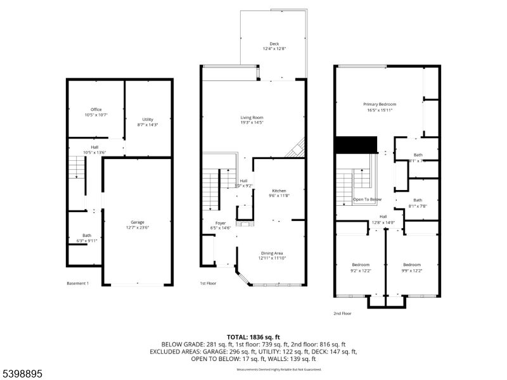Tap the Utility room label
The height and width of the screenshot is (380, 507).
coord(148,120)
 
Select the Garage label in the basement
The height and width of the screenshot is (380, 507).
coord(138,222)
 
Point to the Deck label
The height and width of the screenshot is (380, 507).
coord(274,44)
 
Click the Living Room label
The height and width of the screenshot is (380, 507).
coord(252,118)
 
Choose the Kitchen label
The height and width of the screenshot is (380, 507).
coord(279,191)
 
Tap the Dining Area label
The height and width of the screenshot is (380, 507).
coord(272,253)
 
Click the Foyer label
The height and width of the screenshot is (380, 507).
coord(220,223)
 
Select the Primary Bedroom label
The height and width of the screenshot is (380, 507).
coord(379,104)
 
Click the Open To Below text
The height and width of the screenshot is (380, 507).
coord(368,199)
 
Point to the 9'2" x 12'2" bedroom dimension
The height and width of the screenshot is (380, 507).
coord(360,270)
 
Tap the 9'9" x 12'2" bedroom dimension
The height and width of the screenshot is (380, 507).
coord(412,270)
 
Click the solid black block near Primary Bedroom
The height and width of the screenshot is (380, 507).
coord(356,144)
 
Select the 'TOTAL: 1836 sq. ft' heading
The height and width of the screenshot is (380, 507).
coord(253,337)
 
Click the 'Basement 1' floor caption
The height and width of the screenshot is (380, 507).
coord(78,283)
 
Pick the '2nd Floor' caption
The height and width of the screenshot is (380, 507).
coord(342,313)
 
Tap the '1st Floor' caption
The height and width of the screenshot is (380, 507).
coord(209,283)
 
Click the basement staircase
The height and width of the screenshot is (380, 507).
coord(76,168)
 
